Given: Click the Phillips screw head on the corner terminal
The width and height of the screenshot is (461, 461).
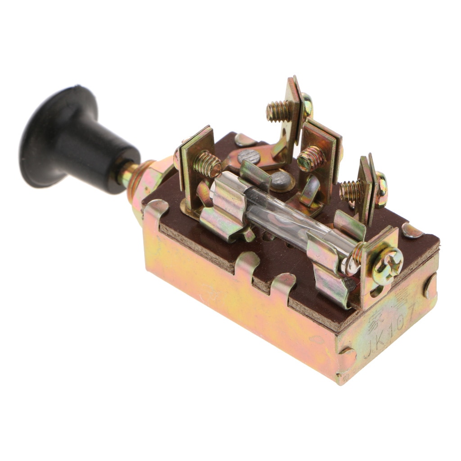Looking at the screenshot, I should (387, 266).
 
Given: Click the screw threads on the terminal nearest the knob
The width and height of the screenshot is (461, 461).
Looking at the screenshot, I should (207, 164).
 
